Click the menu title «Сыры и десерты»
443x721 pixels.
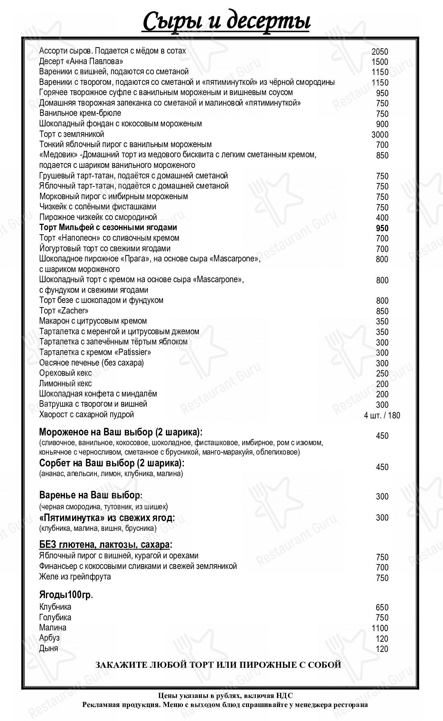pos(226,22)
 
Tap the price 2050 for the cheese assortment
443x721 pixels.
pos(380,52)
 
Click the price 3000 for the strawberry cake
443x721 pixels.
pos(380,135)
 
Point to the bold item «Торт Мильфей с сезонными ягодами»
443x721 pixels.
pos(108,228)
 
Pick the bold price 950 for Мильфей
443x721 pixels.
pos(382,228)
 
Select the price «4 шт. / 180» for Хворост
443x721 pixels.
pos(382,415)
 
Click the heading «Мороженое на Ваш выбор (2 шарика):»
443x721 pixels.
pos(121,432)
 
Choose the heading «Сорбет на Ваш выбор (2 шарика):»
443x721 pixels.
pos(112,463)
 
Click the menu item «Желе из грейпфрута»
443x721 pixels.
pos(75,576)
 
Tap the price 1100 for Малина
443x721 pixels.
pos(380,628)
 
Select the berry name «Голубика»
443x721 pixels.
pos(55,617)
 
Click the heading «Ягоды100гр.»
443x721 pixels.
pos(66,595)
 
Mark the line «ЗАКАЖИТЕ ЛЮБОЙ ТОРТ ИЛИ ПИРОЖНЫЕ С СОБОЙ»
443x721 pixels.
pos(218,664)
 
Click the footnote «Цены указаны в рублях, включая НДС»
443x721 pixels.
pos(225,695)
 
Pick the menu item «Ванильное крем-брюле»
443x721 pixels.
pos(80,113)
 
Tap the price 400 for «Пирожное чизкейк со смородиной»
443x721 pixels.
pos(382,218)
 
